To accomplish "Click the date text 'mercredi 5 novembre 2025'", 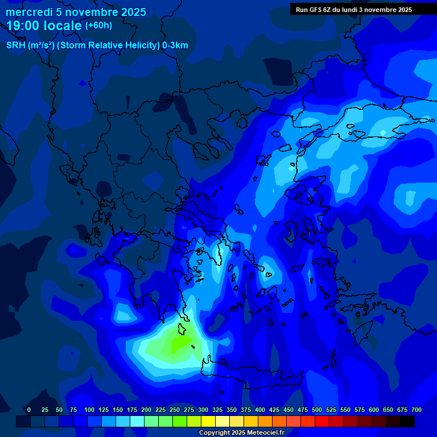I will (x=76, y=12).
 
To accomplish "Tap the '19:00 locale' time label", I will (x=44, y=26).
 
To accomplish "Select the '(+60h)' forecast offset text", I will (x=98, y=26).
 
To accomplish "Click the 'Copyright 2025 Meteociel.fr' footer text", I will (x=241, y=432).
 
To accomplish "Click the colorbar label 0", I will (x=29, y=410).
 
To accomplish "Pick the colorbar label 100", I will (x=89, y=410).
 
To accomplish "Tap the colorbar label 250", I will (x=175, y=410).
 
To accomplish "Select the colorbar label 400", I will (x=260, y=410).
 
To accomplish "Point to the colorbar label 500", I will (x=317, y=410).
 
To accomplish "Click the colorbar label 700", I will (x=417, y=410).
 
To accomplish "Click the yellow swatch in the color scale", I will (x=208, y=421).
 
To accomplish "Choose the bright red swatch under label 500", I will (x=322, y=421).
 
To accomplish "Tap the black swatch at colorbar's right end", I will (x=407, y=421).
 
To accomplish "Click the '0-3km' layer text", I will (x=175, y=46).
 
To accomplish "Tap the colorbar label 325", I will (x=217, y=410).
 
